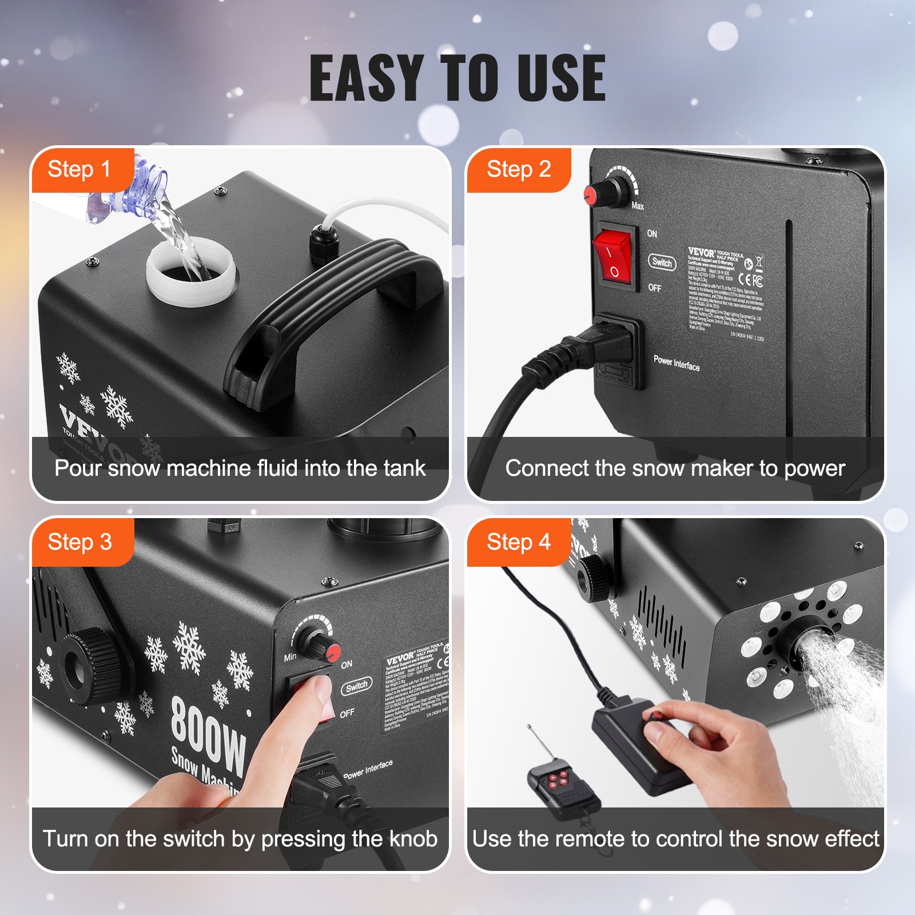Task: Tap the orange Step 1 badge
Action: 80,170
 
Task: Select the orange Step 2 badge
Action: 518,170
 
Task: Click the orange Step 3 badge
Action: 80,542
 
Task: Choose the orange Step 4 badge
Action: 518,542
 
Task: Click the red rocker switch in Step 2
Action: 612,256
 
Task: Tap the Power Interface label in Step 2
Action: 676,363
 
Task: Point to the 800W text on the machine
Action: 209,736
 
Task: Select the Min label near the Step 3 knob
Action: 290,657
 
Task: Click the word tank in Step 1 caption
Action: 404,468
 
